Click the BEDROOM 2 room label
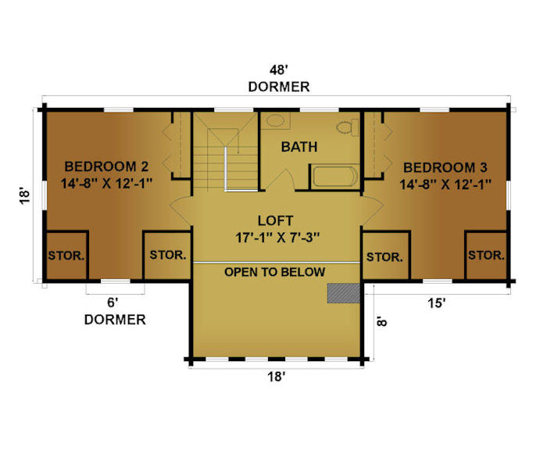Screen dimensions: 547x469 click(106, 166)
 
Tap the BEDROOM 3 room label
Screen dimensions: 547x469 click(445, 167)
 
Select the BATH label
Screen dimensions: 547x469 click(299, 147)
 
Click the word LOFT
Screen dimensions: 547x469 click(275, 220)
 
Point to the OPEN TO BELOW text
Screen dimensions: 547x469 click(275, 272)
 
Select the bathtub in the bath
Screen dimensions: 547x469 click(335, 177)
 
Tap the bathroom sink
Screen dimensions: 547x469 click(276, 120)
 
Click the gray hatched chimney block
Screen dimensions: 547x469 click(343, 293)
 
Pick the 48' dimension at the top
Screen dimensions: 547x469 click(278, 70)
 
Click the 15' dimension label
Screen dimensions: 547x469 click(437, 303)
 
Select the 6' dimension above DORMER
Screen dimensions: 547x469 click(112, 303)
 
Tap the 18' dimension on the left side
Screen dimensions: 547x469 click(24, 195)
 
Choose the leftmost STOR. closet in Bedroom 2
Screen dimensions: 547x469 click(66, 255)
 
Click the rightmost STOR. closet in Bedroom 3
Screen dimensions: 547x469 click(486, 255)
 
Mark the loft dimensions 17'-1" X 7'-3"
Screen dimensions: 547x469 click(277, 238)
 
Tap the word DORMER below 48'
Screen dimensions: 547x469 click(279, 87)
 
